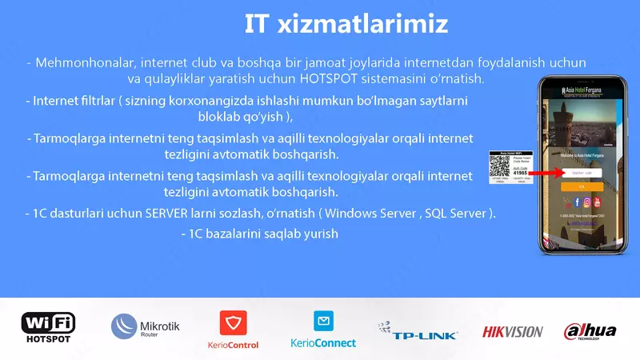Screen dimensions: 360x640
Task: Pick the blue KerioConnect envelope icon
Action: [323, 322]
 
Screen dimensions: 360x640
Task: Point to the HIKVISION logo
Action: [512, 330]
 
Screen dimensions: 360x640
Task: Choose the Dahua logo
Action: [590, 330]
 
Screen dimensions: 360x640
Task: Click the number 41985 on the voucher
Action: [519, 173]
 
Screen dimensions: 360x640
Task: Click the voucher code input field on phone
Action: [582, 173]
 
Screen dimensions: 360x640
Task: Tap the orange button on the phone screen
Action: [582, 186]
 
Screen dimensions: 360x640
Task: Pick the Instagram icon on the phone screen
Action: [586, 202]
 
